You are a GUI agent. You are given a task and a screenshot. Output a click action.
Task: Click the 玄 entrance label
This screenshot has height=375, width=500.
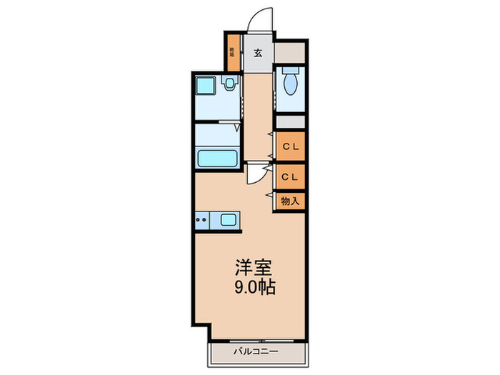click(x=258, y=51)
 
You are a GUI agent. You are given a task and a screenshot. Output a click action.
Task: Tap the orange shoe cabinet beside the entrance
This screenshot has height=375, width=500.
click(x=232, y=51)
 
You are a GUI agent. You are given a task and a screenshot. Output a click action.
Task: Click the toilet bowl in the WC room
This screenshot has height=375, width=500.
click(x=290, y=86)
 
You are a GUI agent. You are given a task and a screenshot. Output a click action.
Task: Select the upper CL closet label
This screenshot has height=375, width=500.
click(x=290, y=147)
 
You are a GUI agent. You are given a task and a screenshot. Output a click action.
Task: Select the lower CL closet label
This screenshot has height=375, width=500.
click(x=290, y=175)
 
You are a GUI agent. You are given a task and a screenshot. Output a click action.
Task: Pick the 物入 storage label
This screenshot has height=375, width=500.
click(x=290, y=201)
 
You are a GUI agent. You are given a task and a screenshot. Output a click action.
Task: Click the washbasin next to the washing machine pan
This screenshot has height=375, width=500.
click(x=229, y=84)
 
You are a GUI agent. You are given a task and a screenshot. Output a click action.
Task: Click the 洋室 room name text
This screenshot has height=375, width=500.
click(x=254, y=268)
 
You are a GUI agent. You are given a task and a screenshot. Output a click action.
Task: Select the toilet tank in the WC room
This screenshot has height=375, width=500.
click(x=290, y=71)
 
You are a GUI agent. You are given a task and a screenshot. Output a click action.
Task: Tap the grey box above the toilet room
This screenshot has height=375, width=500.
click(x=290, y=51)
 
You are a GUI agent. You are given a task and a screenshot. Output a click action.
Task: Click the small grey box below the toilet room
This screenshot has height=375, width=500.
click(x=290, y=122)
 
